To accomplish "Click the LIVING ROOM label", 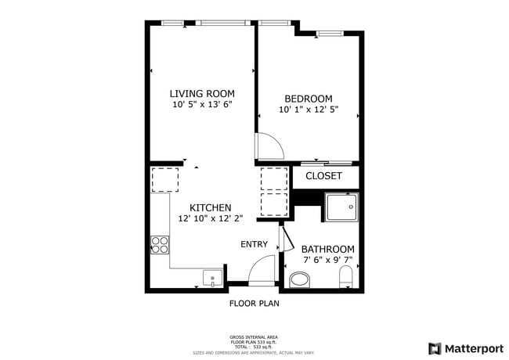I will click(202, 94).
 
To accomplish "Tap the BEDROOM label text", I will click(308, 99).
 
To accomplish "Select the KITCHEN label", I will click(210, 207).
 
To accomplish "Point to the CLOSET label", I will click(323, 176).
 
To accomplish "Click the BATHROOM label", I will click(327, 249).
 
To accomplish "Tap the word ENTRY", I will click(254, 244).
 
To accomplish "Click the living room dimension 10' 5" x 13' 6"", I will click(202, 104).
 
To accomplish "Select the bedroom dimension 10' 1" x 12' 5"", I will click(308, 110).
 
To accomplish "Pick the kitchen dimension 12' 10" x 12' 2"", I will click(210, 218).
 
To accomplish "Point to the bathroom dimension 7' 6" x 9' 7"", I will click(327, 260).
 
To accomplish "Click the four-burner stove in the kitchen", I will click(161, 245).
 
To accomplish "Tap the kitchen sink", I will click(212, 277).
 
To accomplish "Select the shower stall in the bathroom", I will click(341, 207).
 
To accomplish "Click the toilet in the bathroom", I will click(345, 277).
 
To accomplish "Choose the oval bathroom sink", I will click(300, 279).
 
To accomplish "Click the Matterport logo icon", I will click(434, 348).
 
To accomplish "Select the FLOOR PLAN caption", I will click(254, 303).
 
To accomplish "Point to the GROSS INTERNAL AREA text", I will click(254, 335).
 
